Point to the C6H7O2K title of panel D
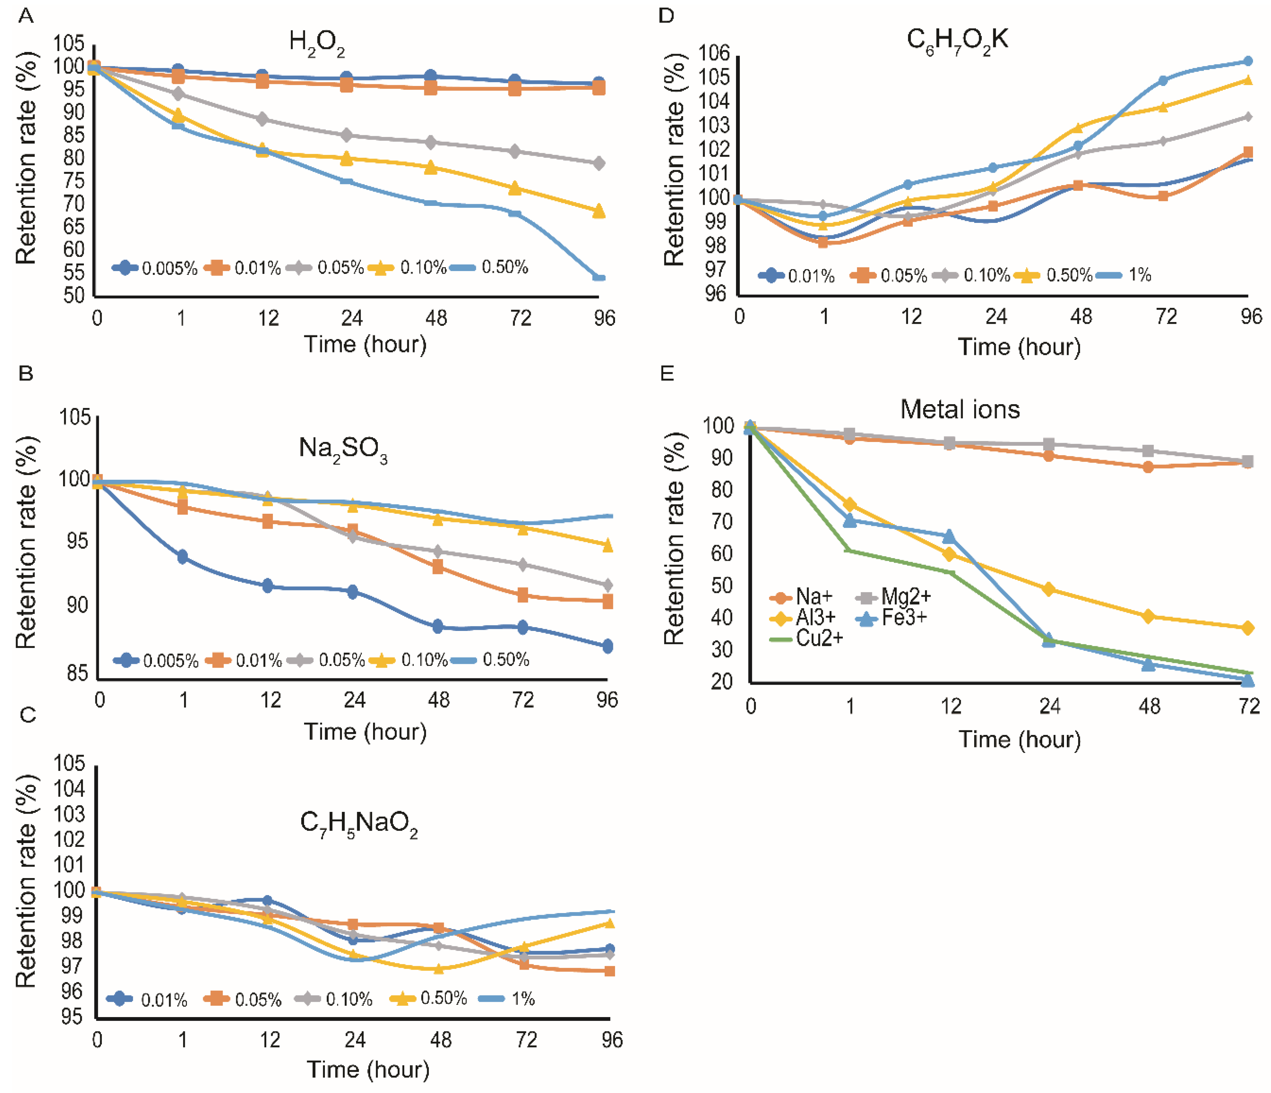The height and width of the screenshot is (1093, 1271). click(x=957, y=42)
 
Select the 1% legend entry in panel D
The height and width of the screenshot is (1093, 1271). click(x=1126, y=275)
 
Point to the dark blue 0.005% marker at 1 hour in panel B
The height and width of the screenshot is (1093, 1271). click(x=182, y=557)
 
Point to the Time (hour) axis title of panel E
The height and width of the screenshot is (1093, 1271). click(x=1020, y=740)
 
